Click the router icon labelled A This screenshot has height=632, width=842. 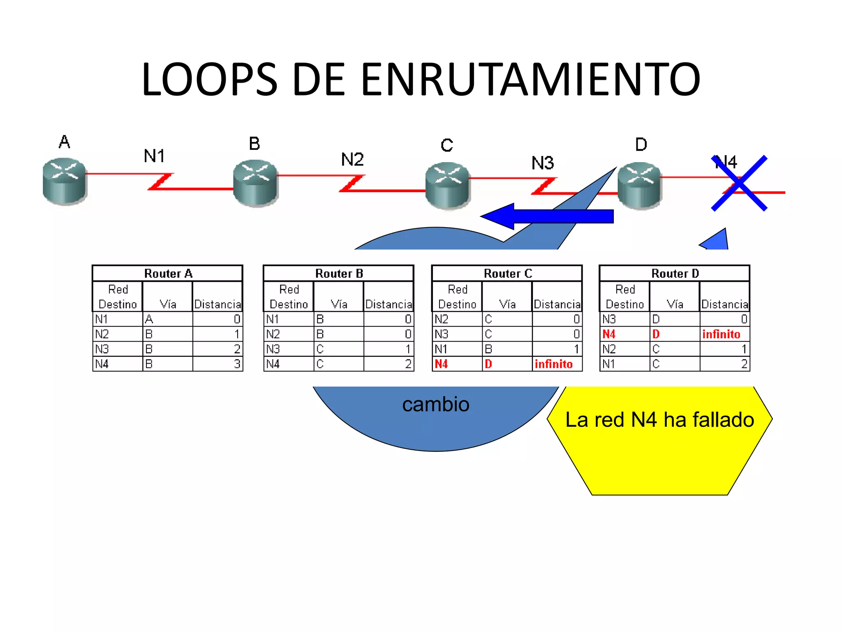pyautogui.click(x=64, y=181)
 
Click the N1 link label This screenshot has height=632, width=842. pyautogui.click(x=154, y=156)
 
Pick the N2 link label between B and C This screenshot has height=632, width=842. pyautogui.click(x=352, y=159)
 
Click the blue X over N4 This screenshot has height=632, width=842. pyautogui.click(x=739, y=183)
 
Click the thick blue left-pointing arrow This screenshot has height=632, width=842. pyautogui.click(x=547, y=216)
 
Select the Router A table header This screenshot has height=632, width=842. pyautogui.click(x=168, y=273)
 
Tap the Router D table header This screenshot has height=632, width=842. pyautogui.click(x=675, y=273)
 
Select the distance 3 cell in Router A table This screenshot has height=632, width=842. pyautogui.click(x=218, y=364)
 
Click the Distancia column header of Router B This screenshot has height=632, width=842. pyautogui.click(x=389, y=304)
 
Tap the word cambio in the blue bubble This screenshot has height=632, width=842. pyautogui.click(x=436, y=404)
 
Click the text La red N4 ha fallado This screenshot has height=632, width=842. pyautogui.click(x=659, y=420)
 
